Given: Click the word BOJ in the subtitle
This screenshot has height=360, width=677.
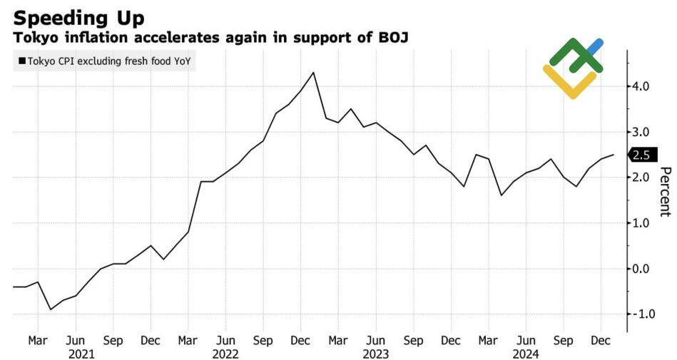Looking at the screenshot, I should (x=392, y=36).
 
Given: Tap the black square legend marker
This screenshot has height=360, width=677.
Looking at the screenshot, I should (x=22, y=61).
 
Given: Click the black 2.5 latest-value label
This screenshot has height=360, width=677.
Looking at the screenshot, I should (x=641, y=155).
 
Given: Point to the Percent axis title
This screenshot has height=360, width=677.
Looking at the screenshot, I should (x=665, y=191).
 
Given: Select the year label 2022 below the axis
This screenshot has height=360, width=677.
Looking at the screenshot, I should (x=225, y=353).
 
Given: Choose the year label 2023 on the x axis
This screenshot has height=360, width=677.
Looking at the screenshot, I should (x=376, y=353).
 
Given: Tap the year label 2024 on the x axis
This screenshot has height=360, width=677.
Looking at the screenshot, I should (x=526, y=353).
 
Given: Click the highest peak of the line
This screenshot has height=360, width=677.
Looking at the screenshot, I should (x=314, y=73).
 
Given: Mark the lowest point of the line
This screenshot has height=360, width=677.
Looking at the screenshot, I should (x=50, y=309).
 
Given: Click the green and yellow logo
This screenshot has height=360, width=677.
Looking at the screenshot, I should (x=574, y=68).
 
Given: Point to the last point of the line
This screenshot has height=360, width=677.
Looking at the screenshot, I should (x=614, y=155).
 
